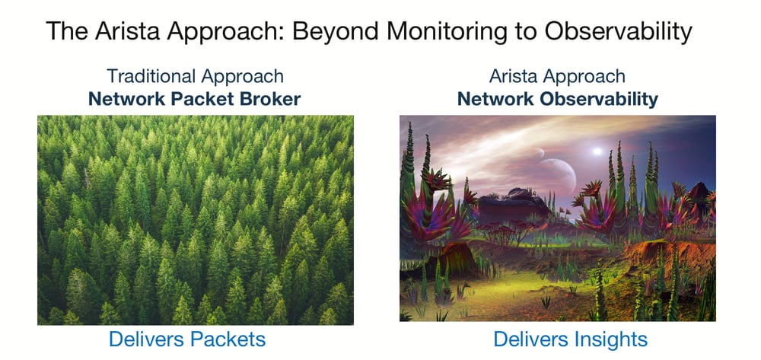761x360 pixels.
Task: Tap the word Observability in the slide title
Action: [618, 33]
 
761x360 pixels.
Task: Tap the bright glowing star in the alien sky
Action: [597, 151]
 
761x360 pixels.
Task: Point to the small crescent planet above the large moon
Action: [540, 153]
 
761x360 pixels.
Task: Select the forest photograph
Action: [196, 220]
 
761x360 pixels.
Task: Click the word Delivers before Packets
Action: [145, 339]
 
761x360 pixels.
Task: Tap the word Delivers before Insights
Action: [530, 339]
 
